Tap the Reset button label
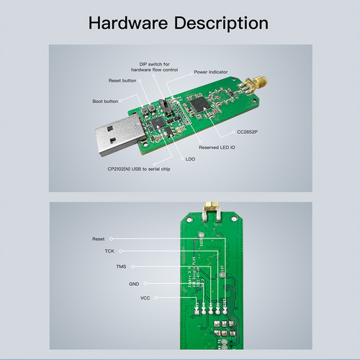click(122, 81)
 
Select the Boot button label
click(105, 101)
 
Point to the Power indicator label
click(212, 72)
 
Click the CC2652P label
click(248, 132)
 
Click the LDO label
click(190, 158)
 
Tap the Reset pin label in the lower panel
click(98, 238)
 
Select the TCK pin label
click(109, 251)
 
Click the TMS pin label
click(120, 266)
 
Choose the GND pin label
click(134, 284)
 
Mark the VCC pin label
click(145, 297)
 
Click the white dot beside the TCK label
click(122, 251)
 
